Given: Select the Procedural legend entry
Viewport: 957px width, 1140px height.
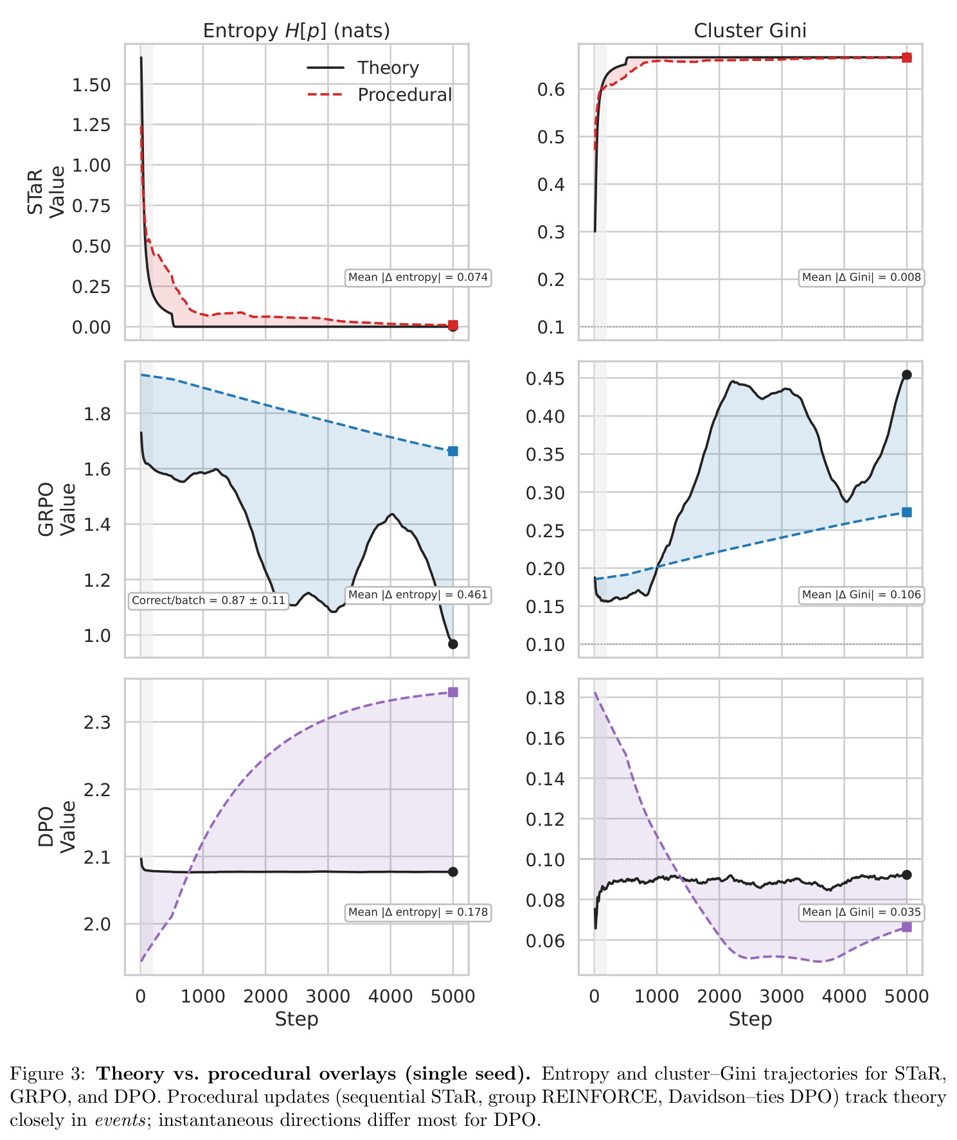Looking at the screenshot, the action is coord(379,94).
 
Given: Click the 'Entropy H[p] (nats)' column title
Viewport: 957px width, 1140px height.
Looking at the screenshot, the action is coord(296,31).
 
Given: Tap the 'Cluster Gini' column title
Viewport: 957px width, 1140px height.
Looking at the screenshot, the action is coord(750,31).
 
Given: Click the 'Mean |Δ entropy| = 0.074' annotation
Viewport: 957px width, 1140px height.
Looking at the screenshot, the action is coord(418,278).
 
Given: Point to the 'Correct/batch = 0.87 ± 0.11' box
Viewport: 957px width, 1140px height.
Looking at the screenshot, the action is coord(208,601).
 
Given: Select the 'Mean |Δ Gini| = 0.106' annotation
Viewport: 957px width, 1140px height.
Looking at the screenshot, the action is coord(862,595).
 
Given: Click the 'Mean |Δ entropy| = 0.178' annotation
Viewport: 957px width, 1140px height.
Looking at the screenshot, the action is coord(418,912).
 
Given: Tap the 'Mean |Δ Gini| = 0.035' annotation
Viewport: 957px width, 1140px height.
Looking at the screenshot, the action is coord(862,912).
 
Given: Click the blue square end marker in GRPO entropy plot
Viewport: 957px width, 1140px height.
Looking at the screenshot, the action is coord(453,451).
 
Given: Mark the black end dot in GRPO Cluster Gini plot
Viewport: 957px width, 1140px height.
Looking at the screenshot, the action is coord(907,375).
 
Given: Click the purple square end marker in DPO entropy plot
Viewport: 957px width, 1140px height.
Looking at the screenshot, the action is coord(453,692).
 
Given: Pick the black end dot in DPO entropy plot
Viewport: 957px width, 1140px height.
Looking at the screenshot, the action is coord(453,872).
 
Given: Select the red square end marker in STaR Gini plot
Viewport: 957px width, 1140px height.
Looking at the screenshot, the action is coord(907,58).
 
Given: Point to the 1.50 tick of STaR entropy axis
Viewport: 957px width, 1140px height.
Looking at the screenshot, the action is coord(91,85).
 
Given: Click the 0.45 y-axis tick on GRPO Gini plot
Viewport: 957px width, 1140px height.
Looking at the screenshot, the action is coord(545,379).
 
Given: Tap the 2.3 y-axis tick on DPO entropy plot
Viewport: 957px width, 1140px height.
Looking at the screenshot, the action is coord(97,722).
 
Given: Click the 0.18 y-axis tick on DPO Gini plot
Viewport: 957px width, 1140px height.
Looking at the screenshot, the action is coord(545,698).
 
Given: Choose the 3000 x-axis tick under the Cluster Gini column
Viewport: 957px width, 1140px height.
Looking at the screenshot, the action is coord(782,997).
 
